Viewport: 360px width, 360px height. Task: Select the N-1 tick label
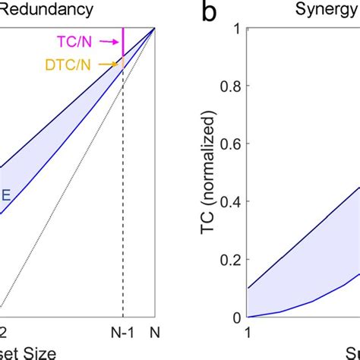tap(122, 332)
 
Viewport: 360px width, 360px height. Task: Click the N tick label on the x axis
tap(156, 332)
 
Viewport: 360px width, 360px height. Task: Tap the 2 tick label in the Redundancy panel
tap(4, 332)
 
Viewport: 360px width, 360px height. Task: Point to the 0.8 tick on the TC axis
tap(231, 87)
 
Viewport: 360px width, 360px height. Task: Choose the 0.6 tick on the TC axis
tap(231, 144)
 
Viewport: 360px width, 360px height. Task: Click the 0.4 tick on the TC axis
tap(231, 202)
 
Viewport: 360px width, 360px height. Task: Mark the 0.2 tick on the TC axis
tap(231, 260)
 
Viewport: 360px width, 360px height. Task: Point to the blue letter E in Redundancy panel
tap(5, 194)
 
